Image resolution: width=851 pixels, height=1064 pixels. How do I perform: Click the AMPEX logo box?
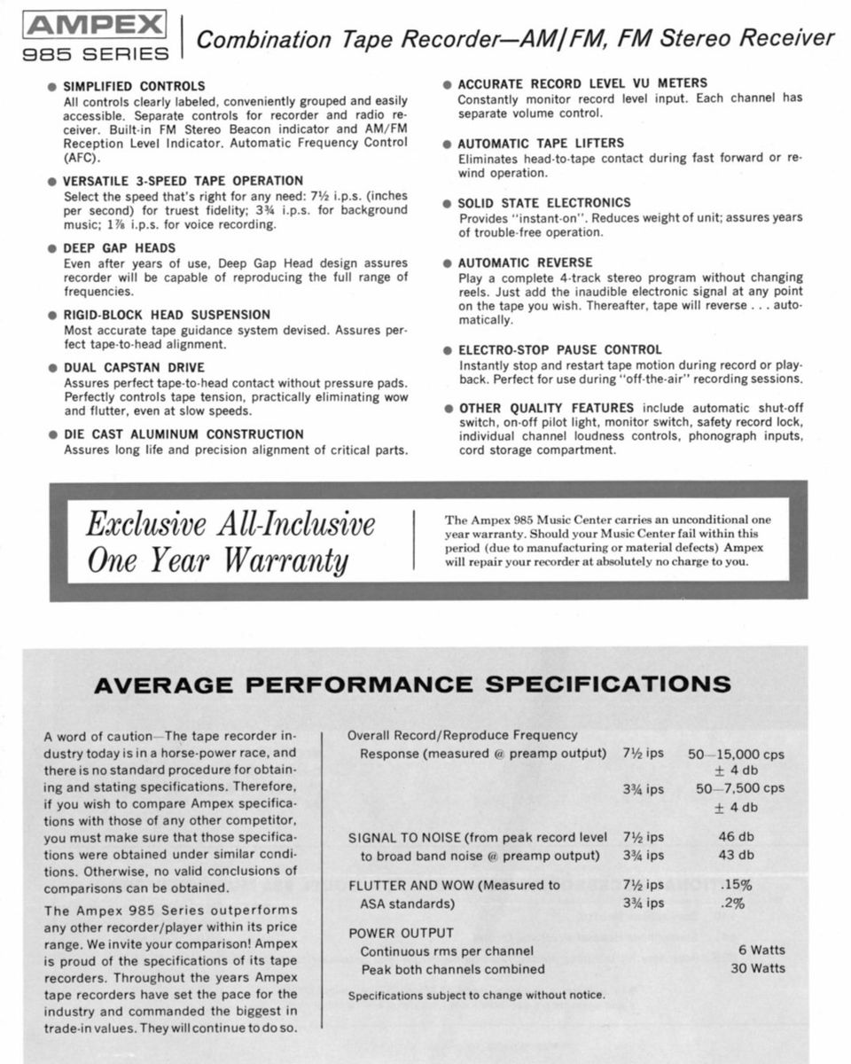(96, 24)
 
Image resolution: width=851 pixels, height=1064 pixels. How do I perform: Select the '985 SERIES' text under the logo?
(96, 54)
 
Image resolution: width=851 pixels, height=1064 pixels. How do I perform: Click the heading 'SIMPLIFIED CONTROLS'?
(134, 86)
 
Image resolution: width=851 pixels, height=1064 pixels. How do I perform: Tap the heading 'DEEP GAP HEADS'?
(120, 247)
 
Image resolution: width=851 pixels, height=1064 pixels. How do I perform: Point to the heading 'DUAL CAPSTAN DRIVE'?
(134, 367)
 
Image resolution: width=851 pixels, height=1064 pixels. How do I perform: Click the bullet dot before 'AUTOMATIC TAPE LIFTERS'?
(448, 144)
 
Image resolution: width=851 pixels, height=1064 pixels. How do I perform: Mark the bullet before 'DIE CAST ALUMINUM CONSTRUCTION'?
(52, 435)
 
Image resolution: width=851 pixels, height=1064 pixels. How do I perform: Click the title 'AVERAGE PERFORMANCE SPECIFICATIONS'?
(412, 685)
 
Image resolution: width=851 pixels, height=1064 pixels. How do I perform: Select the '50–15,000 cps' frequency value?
(736, 755)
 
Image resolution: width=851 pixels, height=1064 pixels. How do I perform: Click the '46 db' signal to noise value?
(736, 836)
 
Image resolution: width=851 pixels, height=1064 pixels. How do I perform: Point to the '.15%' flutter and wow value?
(736, 884)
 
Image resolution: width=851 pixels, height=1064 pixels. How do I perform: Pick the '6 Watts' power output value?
(761, 951)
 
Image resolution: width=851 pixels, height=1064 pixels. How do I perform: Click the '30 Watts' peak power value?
(757, 968)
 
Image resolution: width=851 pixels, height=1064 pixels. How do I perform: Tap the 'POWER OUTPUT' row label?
(401, 933)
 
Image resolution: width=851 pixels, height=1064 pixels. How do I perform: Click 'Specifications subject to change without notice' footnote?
(477, 995)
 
